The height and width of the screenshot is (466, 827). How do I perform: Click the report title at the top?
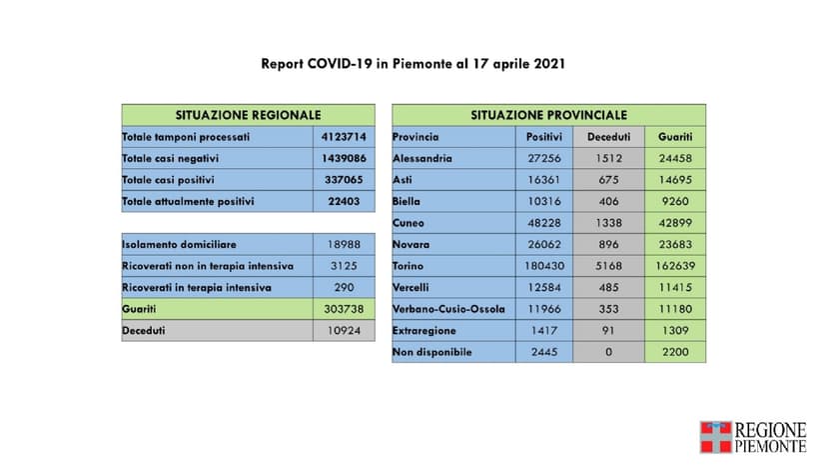click(x=413, y=63)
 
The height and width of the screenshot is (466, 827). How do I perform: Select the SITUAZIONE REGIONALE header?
click(x=248, y=115)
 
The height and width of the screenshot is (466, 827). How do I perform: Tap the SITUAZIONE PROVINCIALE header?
click(x=548, y=115)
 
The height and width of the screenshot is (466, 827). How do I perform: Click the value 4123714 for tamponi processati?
click(x=344, y=137)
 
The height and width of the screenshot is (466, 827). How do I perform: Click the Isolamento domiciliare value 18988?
click(x=344, y=245)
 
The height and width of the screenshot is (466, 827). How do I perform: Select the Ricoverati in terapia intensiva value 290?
click(x=344, y=288)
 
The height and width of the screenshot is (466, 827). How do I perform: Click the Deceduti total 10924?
click(x=344, y=331)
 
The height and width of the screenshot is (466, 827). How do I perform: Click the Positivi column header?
click(x=544, y=137)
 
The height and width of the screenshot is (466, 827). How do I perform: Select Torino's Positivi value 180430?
click(x=544, y=266)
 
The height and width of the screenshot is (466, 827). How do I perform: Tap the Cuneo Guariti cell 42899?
click(x=674, y=223)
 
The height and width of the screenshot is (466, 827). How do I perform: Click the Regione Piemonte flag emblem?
click(x=715, y=437)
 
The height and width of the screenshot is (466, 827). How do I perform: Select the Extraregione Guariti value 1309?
click(x=674, y=331)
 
